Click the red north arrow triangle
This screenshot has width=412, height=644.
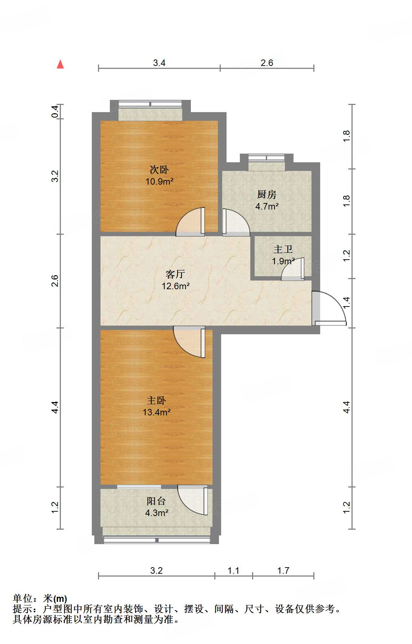(60, 65)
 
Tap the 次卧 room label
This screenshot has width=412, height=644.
(159, 169)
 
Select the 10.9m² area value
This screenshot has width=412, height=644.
(159, 181)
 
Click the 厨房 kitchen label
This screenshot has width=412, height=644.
(267, 195)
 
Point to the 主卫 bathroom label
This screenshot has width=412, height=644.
(283, 249)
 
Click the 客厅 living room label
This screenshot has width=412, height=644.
(175, 274)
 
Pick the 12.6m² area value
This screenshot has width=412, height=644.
(175, 286)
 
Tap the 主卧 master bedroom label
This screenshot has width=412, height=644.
(156, 401)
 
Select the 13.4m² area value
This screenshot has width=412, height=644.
(156, 413)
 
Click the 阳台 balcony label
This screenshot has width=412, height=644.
(156, 501)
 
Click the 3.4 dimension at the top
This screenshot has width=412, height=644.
(159, 63)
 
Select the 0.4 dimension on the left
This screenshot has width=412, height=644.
(55, 111)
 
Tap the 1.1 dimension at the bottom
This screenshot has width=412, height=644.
(233, 571)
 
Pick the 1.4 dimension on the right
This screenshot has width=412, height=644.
(346, 303)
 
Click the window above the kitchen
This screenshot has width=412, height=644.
(267, 158)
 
